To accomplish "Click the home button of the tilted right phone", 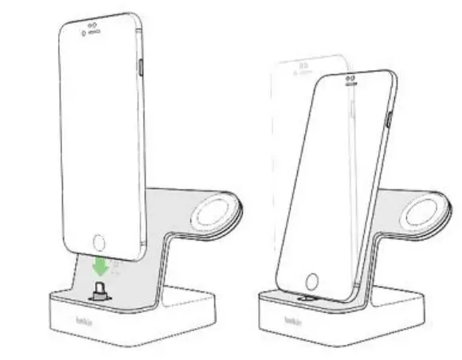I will click(x=311, y=282).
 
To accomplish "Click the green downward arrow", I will click(x=100, y=265).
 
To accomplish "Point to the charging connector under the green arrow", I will click(x=99, y=289).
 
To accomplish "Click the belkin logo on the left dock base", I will click(x=82, y=323).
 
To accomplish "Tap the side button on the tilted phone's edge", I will click(x=387, y=117).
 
